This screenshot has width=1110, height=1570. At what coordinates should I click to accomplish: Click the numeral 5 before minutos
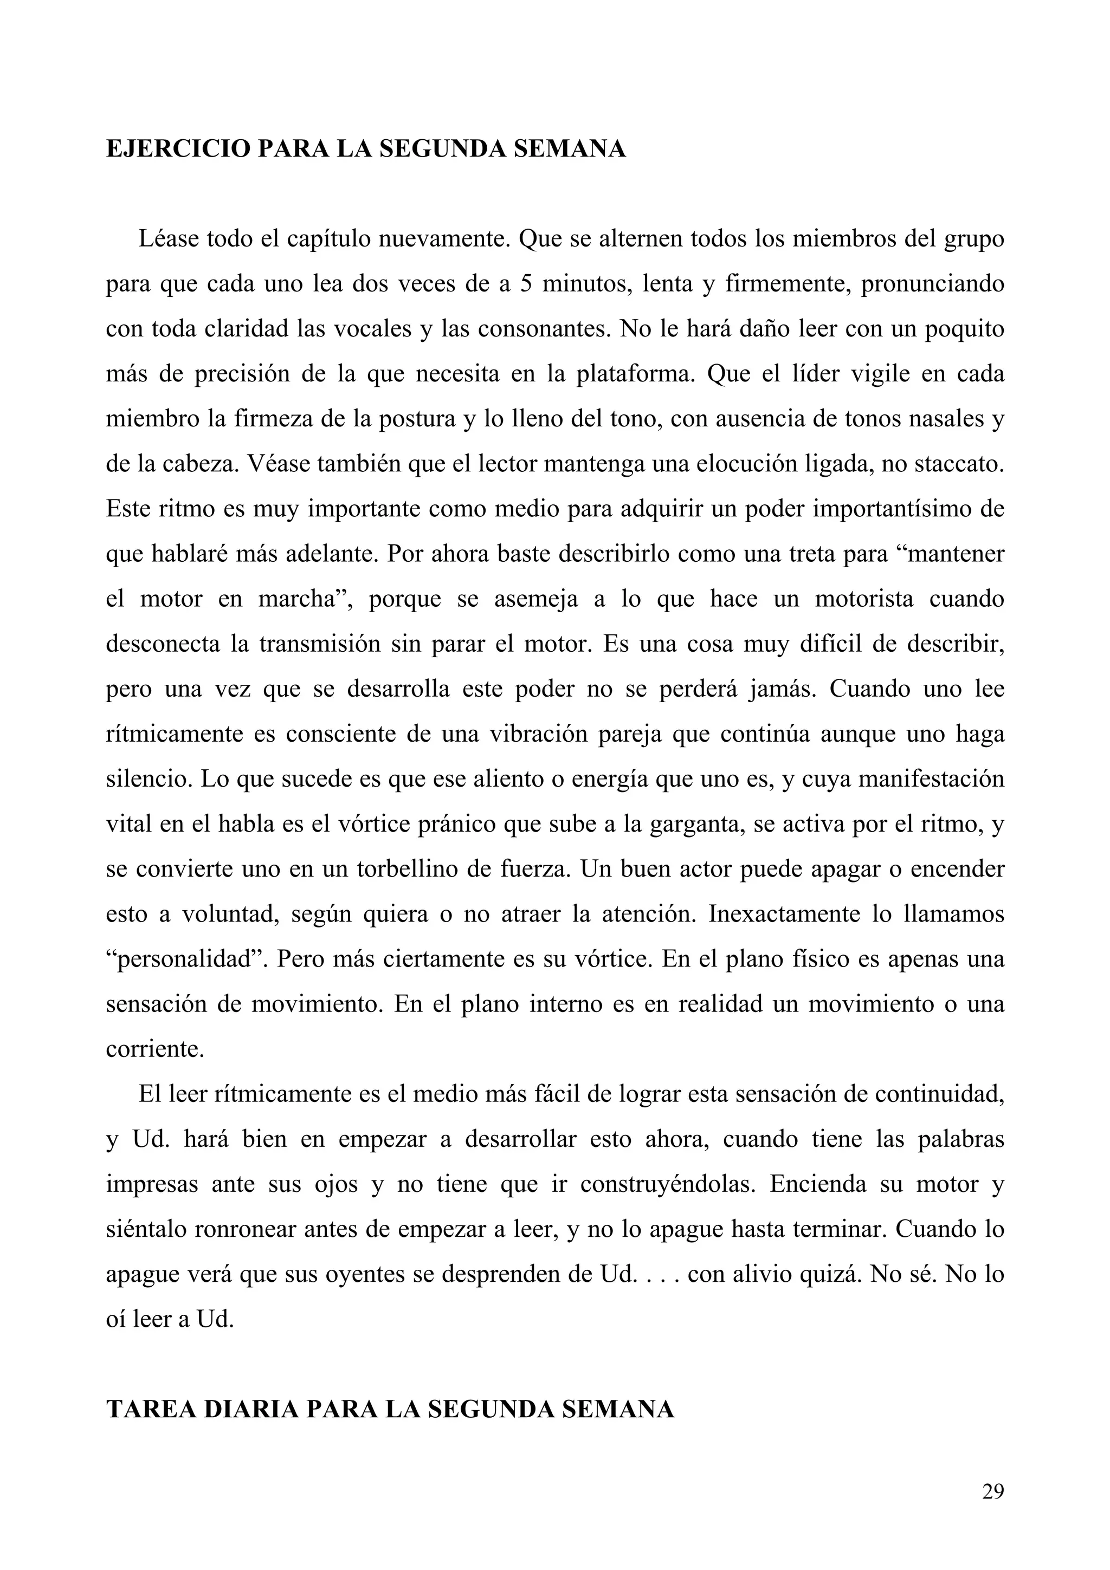coord(525,284)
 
